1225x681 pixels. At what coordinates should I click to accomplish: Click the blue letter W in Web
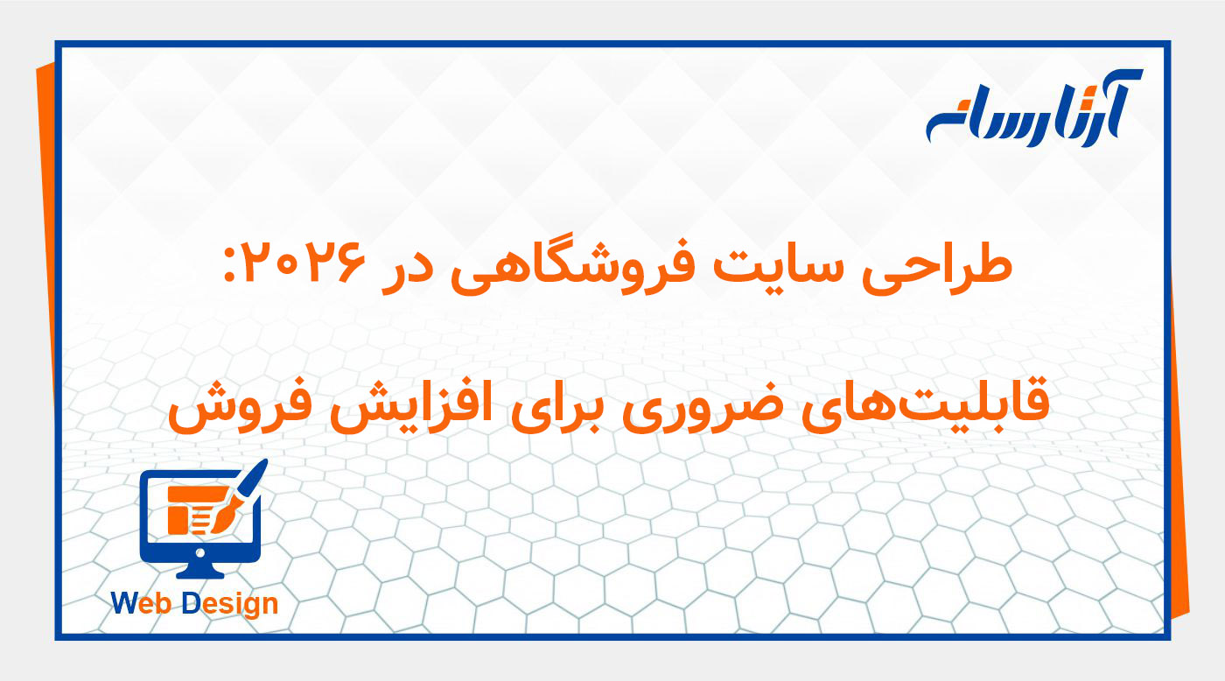click(125, 603)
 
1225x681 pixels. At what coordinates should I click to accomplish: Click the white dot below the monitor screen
click(201, 552)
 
